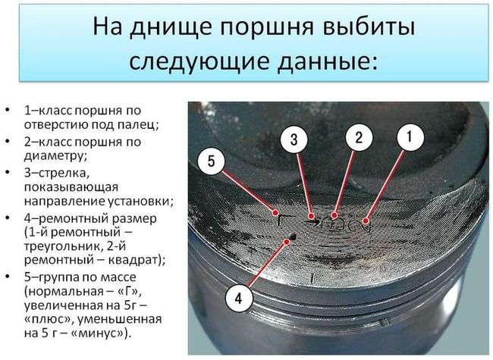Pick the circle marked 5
(213, 160)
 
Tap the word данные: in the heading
(323, 61)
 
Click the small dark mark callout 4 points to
(290, 239)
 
